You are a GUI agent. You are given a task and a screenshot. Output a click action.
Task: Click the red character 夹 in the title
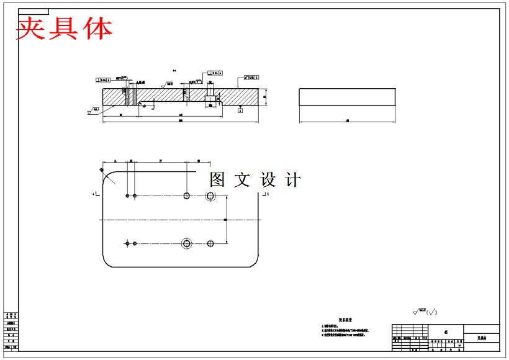32,28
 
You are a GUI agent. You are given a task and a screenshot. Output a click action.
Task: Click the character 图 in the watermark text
217,180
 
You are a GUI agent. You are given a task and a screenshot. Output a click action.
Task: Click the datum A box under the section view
240,110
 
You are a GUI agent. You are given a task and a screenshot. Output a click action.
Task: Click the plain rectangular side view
346,97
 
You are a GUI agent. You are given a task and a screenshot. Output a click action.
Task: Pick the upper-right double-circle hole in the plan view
210,196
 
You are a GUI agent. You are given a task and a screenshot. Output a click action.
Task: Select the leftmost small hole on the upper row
127,196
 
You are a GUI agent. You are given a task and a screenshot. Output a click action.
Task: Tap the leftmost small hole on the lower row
127,243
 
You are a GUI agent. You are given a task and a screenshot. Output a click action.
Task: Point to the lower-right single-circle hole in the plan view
211,243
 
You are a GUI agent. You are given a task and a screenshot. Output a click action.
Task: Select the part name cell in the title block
482,339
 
